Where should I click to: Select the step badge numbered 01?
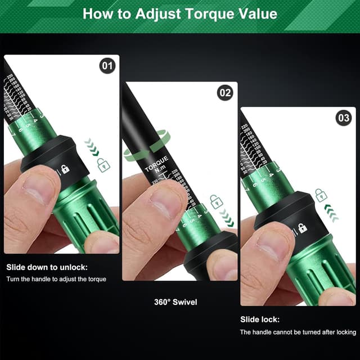pos(107,66)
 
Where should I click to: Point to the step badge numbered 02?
pos(225,93)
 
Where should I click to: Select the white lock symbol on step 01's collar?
pos(65,169)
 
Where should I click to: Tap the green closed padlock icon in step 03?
pos(320,195)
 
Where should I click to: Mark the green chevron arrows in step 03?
pos(331,213)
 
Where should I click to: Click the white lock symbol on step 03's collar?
pos(302,228)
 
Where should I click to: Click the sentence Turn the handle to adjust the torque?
pos(56,279)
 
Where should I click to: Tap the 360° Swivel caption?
pos(175,302)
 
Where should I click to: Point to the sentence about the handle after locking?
pos(298,332)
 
